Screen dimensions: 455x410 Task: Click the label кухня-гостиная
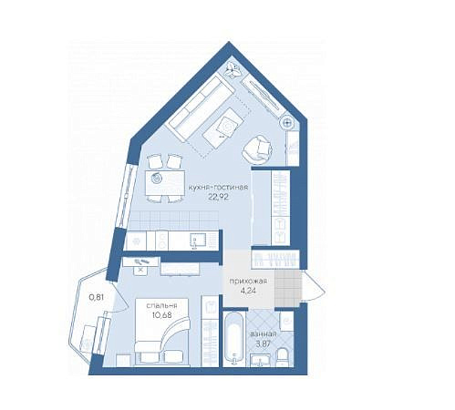point(218,187)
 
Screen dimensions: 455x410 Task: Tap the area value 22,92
point(218,197)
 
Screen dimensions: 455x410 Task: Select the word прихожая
point(248,282)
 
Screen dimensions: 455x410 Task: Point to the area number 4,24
point(248,291)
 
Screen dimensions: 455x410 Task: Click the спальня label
point(161,306)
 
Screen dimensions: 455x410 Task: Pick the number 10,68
point(162,315)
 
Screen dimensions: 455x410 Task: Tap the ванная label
point(263,334)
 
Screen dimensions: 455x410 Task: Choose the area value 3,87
point(263,344)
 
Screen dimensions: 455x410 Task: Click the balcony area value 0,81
point(97,297)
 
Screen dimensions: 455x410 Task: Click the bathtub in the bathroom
point(233,338)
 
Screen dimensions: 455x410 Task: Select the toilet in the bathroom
point(284,357)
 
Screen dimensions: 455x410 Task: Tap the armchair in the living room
point(258,149)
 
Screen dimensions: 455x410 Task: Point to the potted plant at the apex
point(233,69)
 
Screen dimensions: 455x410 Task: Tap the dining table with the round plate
point(165,184)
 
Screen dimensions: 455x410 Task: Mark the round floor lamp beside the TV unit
point(287,123)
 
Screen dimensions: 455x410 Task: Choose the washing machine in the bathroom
point(286,321)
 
